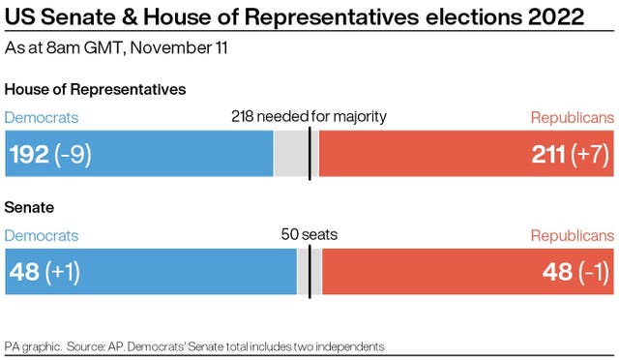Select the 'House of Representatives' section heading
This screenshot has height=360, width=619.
96,89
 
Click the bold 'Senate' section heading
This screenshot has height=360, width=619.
30,208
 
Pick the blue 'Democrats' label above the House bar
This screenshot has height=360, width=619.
42,117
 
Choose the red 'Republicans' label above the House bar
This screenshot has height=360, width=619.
572,117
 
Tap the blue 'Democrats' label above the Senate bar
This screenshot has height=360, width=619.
42,236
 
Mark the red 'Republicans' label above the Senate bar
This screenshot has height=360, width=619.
572,236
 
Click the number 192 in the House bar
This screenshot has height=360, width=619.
29,154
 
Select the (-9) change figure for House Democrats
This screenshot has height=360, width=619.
74,154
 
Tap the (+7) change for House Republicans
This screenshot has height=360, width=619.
594,154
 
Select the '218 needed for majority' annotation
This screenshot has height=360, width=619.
309,117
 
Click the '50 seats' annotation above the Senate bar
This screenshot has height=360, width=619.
309,235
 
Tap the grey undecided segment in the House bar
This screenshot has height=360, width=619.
291,154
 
